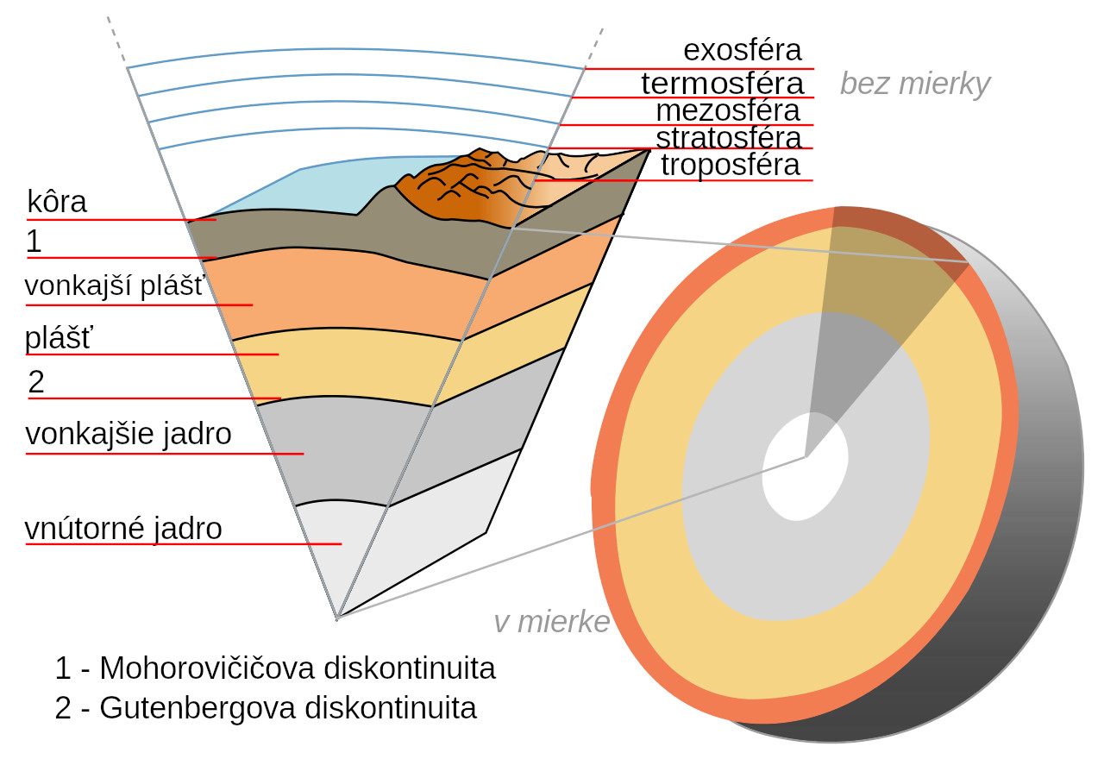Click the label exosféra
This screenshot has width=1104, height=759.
pos(743,50)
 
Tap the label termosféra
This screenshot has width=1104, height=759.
pos(722,84)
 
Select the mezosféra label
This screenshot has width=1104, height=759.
pos(727,111)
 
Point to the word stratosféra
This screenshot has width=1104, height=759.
pos(729,138)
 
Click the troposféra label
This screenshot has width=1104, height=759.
pos(730,165)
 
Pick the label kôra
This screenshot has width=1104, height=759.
pos(57,202)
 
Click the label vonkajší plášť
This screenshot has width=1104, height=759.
pos(116,285)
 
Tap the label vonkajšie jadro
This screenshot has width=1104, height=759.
pos(129,434)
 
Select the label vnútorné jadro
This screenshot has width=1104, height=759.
pos(123,529)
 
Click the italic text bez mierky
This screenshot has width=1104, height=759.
pos(915,85)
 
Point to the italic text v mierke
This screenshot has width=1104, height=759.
pos(552,622)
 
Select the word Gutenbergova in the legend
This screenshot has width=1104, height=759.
pos(198,708)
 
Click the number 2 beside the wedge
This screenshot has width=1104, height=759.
pos(36,382)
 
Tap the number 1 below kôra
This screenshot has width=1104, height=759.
pos(34,241)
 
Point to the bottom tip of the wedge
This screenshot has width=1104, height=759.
pos(337,618)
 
